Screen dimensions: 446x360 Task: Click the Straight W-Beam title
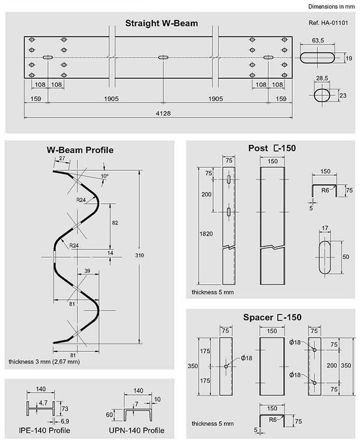point(161,24)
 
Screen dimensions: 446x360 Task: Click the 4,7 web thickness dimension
point(43,403)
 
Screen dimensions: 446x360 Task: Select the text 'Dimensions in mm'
point(332,7)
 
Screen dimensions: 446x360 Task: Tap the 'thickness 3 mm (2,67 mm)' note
point(44,362)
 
